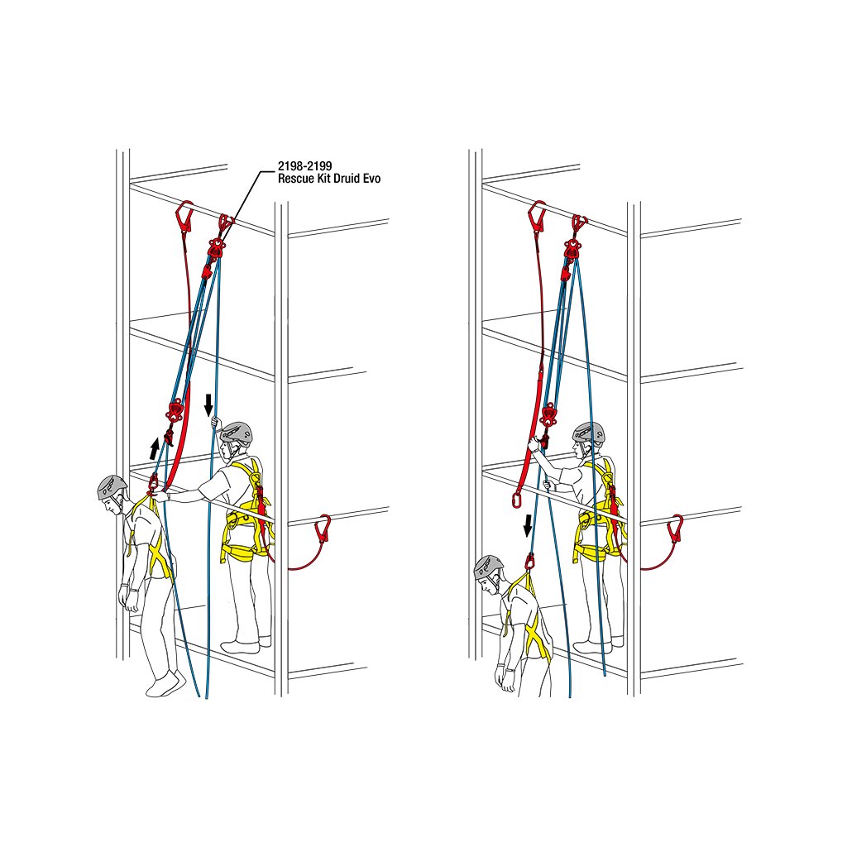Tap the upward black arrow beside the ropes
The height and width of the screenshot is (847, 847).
tap(155, 448)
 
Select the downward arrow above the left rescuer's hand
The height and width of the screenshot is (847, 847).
tap(208, 404)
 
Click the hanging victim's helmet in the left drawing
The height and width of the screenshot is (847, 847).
tap(112, 487)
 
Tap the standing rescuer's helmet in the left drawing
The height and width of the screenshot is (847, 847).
tap(237, 433)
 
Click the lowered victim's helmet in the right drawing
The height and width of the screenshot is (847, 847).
tap(488, 567)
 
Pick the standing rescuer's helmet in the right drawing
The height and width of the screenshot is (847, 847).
tap(588, 433)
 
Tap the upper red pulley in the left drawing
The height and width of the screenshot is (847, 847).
tap(216, 247)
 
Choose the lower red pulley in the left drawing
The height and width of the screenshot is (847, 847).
tap(175, 409)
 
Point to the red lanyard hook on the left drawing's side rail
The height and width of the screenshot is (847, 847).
tap(323, 529)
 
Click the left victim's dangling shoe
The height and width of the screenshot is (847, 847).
tap(165, 683)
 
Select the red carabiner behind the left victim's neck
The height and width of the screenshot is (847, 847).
tap(153, 481)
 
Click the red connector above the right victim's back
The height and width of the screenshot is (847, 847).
tap(529, 562)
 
